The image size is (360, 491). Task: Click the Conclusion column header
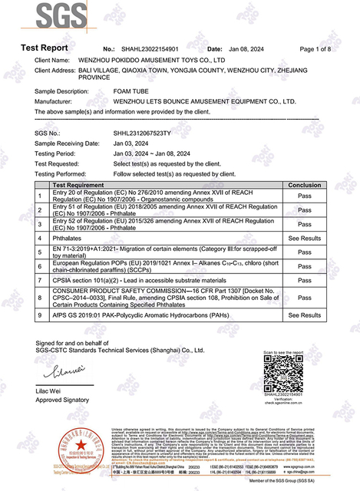pyautogui.click(x=304, y=185)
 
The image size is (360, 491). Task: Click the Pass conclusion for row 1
pyautogui.click(x=304, y=196)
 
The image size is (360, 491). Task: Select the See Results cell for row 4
pyautogui.click(x=304, y=239)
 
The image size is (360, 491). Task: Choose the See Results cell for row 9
pyautogui.click(x=304, y=315)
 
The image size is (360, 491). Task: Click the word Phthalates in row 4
pyautogui.click(x=68, y=239)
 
